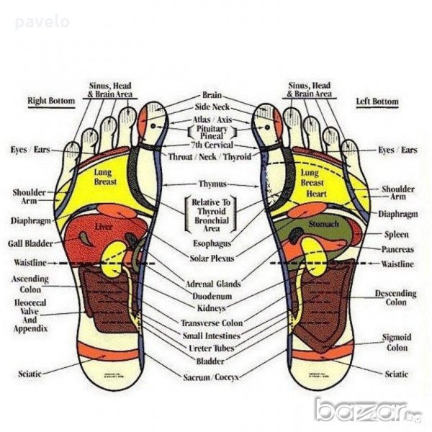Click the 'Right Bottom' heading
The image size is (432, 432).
click(x=50, y=102)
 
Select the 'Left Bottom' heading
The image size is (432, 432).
click(x=377, y=102)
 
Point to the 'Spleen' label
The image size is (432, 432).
click(x=397, y=235)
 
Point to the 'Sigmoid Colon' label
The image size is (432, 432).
click(x=397, y=342)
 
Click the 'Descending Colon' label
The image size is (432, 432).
click(x=395, y=298)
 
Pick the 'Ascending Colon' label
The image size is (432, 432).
click(x=30, y=284)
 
